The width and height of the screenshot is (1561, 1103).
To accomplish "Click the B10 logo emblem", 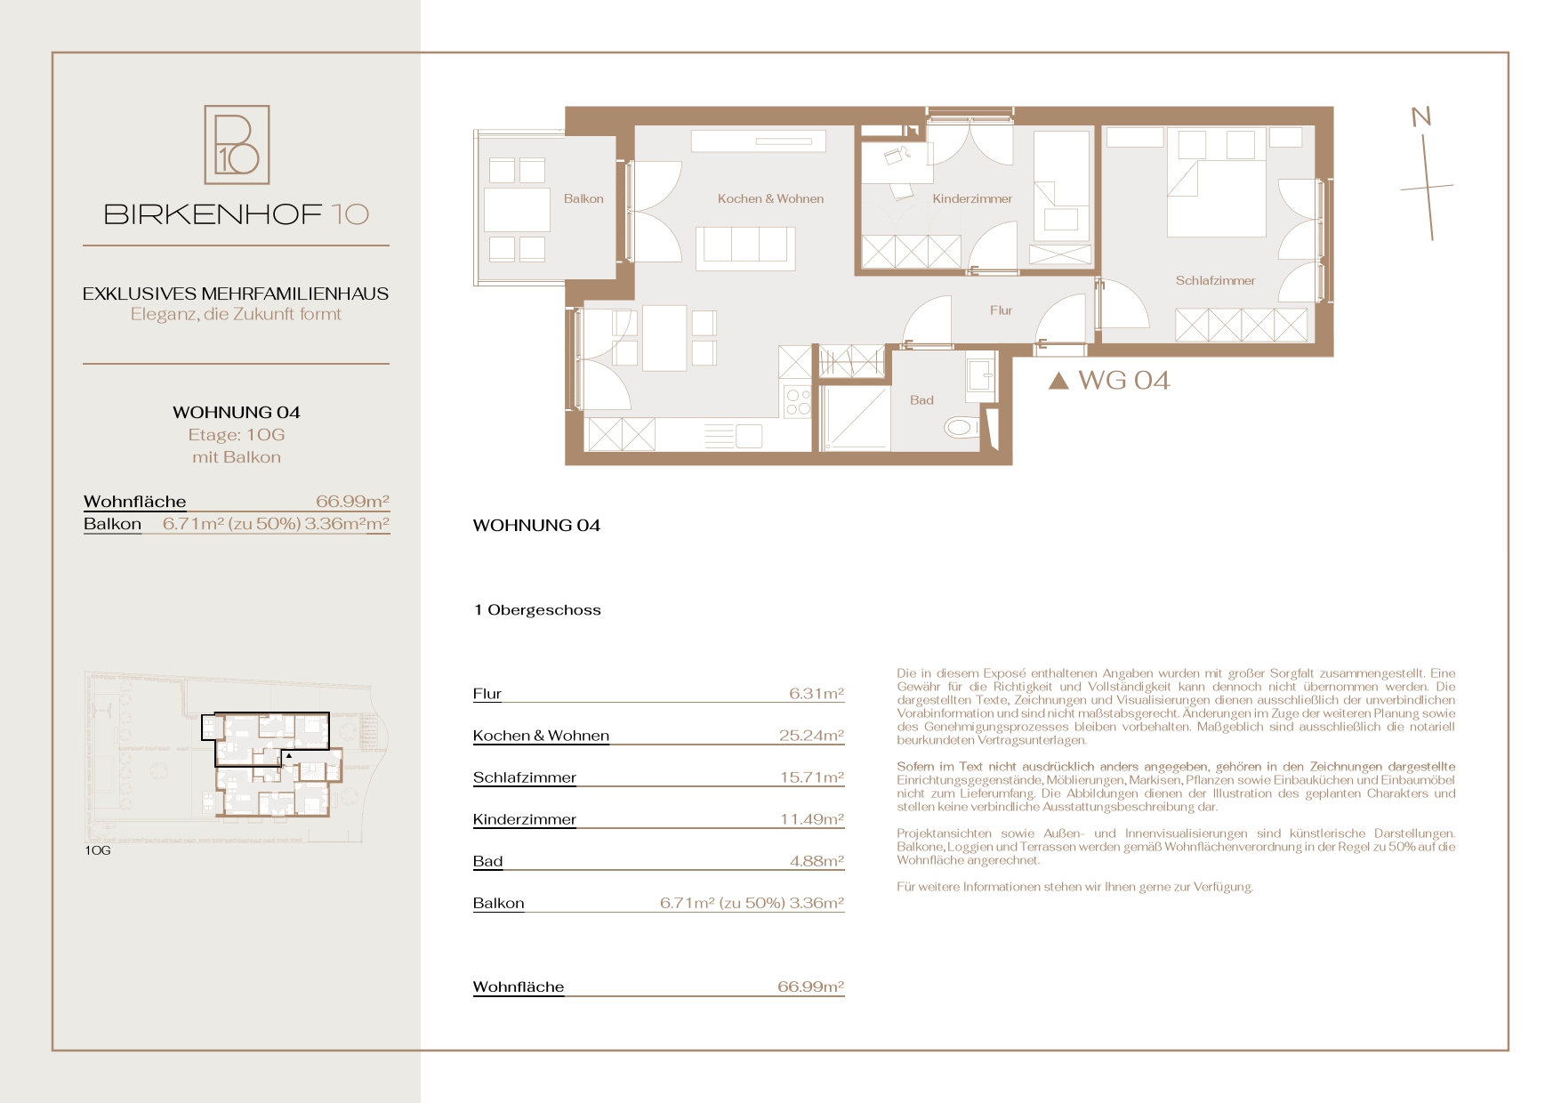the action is tap(237, 145).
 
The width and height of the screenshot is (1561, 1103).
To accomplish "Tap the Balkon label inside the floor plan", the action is tap(583, 199).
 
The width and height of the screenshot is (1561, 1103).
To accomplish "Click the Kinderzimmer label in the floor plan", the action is tap(972, 199).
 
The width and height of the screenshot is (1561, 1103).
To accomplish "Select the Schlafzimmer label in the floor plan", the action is tap(1215, 281).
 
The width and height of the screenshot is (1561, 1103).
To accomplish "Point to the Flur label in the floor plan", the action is tap(1001, 310).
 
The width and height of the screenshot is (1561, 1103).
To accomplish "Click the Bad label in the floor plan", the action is tap(921, 400).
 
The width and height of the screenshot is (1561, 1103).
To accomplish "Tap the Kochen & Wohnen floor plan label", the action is tap(770, 199).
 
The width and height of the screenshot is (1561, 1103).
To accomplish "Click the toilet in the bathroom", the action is tap(962, 428).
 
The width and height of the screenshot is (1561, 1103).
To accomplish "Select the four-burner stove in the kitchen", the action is tap(798, 401).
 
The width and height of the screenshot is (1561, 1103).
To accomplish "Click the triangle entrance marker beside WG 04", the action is tap(1058, 381).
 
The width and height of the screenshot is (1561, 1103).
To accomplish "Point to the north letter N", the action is tap(1421, 117).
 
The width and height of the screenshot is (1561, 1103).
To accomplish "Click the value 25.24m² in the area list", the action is tap(811, 736).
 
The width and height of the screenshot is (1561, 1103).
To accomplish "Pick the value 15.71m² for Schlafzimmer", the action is tap(811, 777).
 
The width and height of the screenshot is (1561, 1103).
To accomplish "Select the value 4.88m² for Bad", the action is tap(817, 861).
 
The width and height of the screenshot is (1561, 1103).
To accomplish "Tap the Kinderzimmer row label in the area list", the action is tap(525, 819).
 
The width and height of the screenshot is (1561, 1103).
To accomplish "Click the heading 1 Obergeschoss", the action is tap(537, 610).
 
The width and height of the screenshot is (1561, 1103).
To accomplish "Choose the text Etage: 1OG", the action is tap(237, 435).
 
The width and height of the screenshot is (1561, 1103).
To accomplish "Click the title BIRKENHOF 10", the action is tap(237, 214).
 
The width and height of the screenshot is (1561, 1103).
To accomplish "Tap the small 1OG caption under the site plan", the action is tap(98, 851).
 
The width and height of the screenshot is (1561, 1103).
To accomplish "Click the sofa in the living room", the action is tap(745, 247).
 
